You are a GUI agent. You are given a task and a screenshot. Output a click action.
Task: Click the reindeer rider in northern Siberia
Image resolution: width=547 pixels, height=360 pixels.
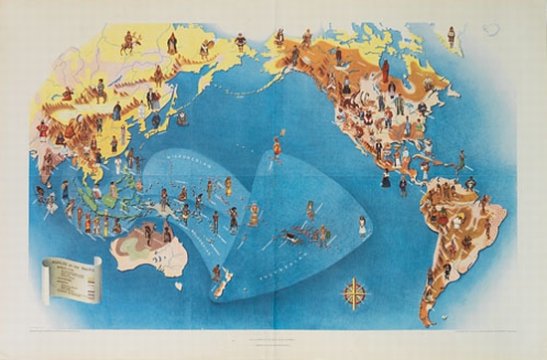(127, 44)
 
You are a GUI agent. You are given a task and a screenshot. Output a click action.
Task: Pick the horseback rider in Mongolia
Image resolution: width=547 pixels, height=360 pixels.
(99, 100)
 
